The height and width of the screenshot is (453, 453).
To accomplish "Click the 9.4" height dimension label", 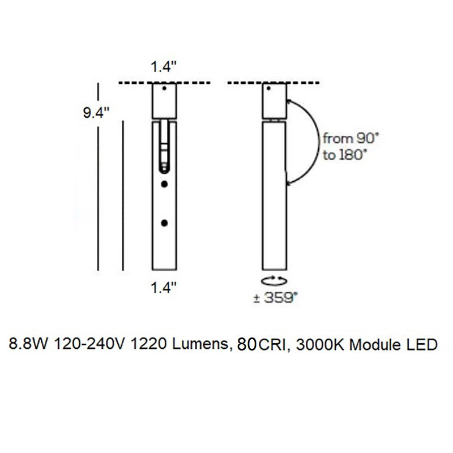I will coord(96,113).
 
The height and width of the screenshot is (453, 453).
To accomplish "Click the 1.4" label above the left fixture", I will coord(164,67).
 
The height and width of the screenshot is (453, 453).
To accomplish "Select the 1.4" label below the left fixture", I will coord(164,288).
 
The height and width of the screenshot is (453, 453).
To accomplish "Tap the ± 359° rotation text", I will coord(275,298).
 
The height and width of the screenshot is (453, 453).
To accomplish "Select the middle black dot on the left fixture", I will coord(164,185).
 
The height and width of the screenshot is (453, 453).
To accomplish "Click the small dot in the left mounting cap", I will coord(164,89).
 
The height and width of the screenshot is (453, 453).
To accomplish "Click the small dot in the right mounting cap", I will coord(275,89).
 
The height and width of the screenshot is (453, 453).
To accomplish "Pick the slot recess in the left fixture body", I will coord(164,146).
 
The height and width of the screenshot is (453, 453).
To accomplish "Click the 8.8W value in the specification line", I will coord(29,344).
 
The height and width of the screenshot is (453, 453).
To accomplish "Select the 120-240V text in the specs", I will coord(91,344).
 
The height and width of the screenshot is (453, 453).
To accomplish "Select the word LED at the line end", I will coord(421,344).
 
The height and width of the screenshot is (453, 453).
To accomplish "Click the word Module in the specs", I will coord(373,344).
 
